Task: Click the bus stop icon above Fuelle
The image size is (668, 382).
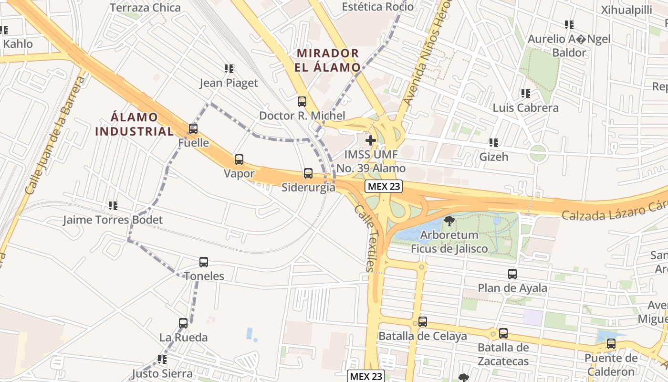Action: (x=193, y=128)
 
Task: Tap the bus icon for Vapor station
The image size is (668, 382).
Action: (x=239, y=159)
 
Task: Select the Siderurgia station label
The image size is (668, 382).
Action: (x=308, y=188)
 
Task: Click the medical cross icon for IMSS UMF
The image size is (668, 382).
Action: (x=370, y=140)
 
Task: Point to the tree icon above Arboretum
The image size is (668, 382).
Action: (x=449, y=221)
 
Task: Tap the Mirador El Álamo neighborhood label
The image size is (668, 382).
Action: (x=327, y=60)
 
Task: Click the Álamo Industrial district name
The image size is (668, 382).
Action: (x=134, y=124)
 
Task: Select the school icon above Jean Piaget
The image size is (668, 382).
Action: (x=229, y=69)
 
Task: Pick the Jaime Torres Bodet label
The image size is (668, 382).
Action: (x=113, y=220)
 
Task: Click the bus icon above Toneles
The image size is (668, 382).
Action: (x=204, y=262)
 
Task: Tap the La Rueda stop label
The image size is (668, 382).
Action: (x=184, y=338)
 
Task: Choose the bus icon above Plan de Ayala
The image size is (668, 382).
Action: (x=512, y=274)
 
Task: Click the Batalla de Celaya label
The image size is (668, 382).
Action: (x=423, y=336)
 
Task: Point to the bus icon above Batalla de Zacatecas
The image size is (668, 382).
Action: (x=503, y=333)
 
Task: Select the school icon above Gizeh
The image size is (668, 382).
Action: (x=494, y=142)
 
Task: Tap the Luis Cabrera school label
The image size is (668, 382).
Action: (x=525, y=108)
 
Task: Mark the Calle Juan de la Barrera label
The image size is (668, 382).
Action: (x=55, y=136)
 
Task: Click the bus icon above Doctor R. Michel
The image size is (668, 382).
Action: (x=302, y=101)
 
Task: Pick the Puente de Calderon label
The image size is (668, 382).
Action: (x=611, y=365)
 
